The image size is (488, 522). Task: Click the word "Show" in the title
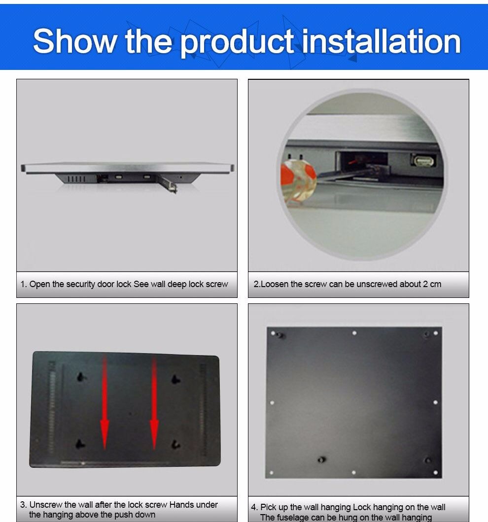[74, 41]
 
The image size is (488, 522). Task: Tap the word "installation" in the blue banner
[381, 41]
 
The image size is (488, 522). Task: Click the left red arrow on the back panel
[105, 401]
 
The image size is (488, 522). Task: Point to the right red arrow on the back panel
[154, 403]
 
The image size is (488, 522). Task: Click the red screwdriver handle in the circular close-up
[298, 180]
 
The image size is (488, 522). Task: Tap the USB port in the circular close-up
[423, 161]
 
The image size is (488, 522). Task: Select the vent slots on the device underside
[76, 179]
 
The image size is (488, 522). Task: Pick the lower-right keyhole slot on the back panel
[175, 444]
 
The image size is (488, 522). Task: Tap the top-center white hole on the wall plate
[354, 333]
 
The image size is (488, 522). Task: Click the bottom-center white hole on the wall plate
[353, 472]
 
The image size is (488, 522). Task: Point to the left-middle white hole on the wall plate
[272, 403]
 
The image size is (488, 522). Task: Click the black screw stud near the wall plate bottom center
[321, 460]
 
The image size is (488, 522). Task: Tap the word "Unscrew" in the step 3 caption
[46, 505]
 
